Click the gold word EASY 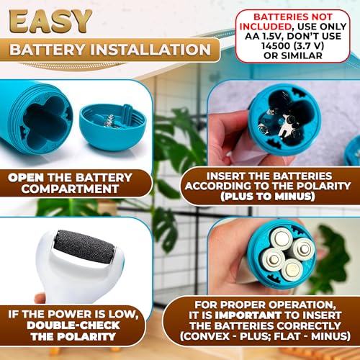(50, 21)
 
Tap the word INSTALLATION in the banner (150, 50)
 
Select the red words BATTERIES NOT (293, 17)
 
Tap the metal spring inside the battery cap (110, 121)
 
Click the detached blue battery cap (113, 127)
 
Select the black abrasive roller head (84, 247)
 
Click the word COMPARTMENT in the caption (70, 189)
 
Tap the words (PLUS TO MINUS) (268, 197)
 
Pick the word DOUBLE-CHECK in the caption (73, 325)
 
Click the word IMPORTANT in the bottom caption (248, 315)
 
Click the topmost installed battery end (282, 238)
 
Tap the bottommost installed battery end (292, 269)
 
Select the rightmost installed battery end (304, 248)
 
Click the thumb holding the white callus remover (40, 298)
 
